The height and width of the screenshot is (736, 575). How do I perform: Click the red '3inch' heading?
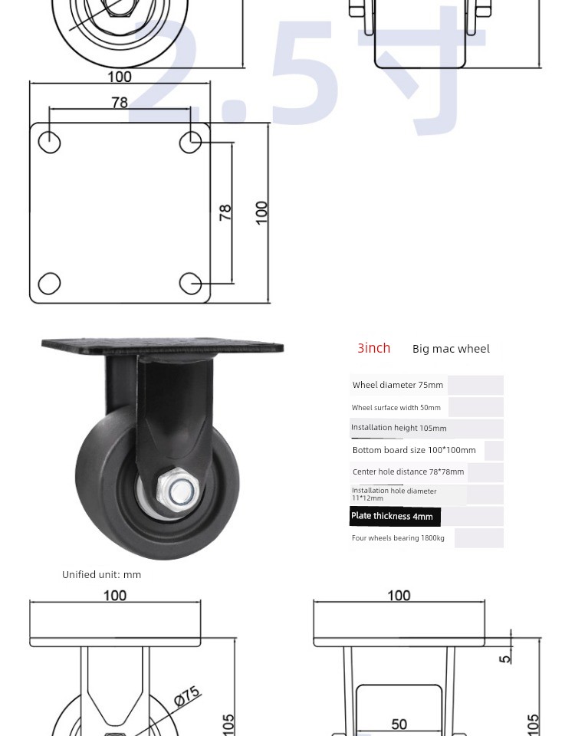tap(373, 348)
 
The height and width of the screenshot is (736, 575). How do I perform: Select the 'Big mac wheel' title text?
tap(451, 349)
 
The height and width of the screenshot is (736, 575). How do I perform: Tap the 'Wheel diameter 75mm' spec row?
tap(398, 385)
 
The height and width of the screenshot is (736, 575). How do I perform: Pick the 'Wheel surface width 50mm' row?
tap(396, 407)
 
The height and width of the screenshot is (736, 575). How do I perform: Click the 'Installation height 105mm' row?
tap(399, 428)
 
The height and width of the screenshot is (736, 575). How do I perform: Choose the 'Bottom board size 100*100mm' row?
tap(414, 450)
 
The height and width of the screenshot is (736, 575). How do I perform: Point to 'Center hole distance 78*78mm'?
tap(408, 472)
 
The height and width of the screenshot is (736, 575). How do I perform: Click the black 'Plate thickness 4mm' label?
tap(395, 516)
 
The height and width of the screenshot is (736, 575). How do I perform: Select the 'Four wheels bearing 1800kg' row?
tap(398, 538)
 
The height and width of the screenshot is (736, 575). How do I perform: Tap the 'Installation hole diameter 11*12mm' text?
tap(394, 495)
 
